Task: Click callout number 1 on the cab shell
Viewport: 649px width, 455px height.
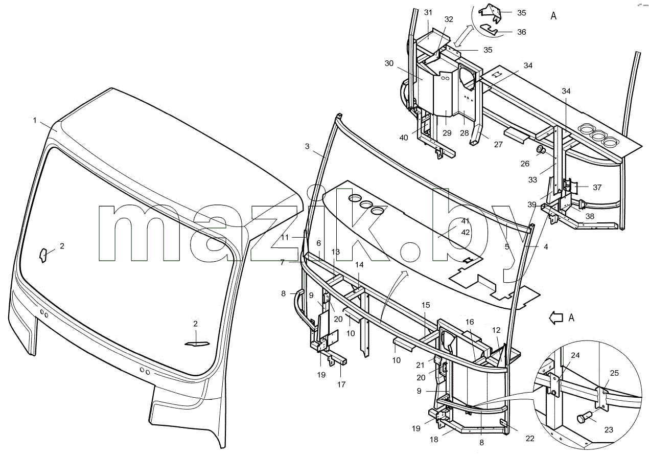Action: click(x=35, y=120)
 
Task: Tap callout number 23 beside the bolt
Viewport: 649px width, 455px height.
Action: click(x=609, y=430)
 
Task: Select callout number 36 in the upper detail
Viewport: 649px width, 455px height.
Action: click(x=522, y=32)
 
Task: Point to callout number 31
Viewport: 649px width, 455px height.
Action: click(x=428, y=12)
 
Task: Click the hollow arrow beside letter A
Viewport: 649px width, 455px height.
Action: click(x=555, y=318)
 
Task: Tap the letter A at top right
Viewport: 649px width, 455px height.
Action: click(x=553, y=16)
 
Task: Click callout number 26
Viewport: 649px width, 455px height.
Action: click(x=525, y=164)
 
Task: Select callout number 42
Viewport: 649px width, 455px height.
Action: click(x=466, y=233)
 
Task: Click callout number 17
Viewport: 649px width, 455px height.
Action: click(x=341, y=384)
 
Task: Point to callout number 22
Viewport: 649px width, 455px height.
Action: click(x=529, y=439)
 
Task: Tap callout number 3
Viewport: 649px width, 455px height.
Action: click(x=307, y=146)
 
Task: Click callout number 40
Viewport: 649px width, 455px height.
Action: click(x=404, y=138)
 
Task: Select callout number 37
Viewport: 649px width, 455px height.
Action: click(x=597, y=187)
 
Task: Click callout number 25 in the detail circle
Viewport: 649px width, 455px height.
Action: click(x=614, y=373)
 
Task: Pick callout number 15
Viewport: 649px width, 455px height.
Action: click(x=426, y=305)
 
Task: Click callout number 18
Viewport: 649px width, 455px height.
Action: click(x=434, y=440)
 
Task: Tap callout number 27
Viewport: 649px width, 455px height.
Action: click(x=498, y=144)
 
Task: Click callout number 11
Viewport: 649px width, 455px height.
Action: click(x=285, y=237)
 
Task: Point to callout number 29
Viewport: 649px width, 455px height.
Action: click(x=447, y=133)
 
